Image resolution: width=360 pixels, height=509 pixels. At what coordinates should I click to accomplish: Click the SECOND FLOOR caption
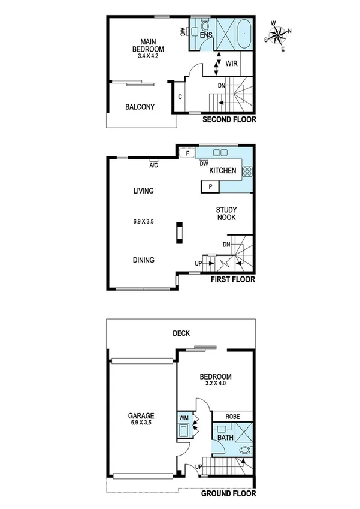tap(229, 120)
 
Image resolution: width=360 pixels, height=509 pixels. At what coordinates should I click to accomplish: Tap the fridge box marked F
tap(187, 154)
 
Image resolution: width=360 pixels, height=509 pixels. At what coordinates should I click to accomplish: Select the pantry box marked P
tap(210, 186)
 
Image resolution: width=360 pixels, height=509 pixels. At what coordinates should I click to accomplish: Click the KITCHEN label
tap(222, 171)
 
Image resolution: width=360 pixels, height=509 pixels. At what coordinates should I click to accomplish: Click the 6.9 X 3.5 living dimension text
tap(144, 221)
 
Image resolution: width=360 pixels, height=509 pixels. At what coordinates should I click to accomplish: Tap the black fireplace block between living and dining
tap(179, 233)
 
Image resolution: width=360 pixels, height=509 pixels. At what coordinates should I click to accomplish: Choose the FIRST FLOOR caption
tap(232, 279)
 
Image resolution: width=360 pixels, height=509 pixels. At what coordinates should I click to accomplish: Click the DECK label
tap(181, 333)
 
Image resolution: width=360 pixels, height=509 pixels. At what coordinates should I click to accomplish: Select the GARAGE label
tap(141, 416)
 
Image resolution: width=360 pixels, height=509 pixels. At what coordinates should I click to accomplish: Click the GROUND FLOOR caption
tap(228, 494)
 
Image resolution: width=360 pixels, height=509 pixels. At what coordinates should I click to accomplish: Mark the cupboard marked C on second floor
tap(180, 97)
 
